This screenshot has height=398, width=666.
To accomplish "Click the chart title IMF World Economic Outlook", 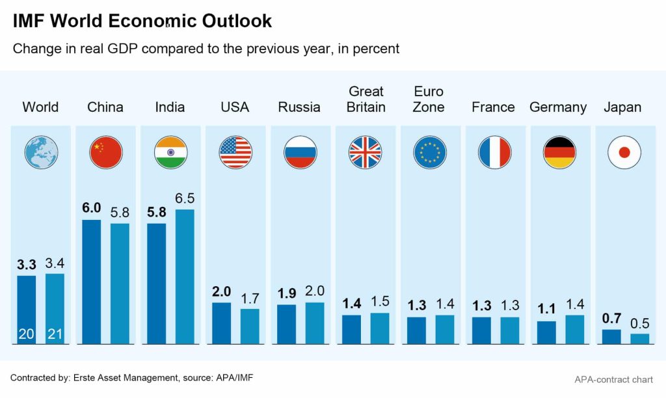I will click(x=142, y=21).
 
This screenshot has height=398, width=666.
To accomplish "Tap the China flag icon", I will click(x=105, y=153).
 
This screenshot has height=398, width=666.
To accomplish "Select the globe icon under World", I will click(x=41, y=153).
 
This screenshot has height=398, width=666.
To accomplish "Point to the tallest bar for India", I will click(x=185, y=276).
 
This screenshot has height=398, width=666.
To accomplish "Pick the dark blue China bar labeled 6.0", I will click(x=92, y=281).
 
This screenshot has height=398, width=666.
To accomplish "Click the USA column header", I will click(x=235, y=107).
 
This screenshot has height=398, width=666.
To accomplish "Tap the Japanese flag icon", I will click(x=624, y=153).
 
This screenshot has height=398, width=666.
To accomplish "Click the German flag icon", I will click(x=559, y=153).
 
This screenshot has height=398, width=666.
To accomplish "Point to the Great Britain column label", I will click(x=366, y=99).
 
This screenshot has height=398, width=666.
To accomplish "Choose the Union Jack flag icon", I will click(x=365, y=153).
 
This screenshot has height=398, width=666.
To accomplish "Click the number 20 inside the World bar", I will click(x=27, y=334).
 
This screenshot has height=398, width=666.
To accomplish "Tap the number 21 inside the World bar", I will click(x=55, y=334).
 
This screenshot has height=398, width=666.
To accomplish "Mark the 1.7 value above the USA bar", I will click(x=250, y=299).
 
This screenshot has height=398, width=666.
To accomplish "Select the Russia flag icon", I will click(x=300, y=153).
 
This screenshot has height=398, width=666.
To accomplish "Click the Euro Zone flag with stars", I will click(x=430, y=153).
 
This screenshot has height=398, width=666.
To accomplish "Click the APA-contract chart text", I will click(x=613, y=380).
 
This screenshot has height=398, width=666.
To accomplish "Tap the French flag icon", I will click(x=494, y=153).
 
